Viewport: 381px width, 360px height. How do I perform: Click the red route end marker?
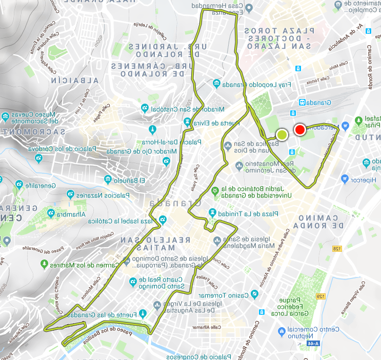pyautogui.click(x=300, y=130)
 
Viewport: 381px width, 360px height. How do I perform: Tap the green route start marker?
pyautogui.click(x=282, y=135)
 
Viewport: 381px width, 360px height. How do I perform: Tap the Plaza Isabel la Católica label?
pyautogui.click(x=125, y=221)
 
